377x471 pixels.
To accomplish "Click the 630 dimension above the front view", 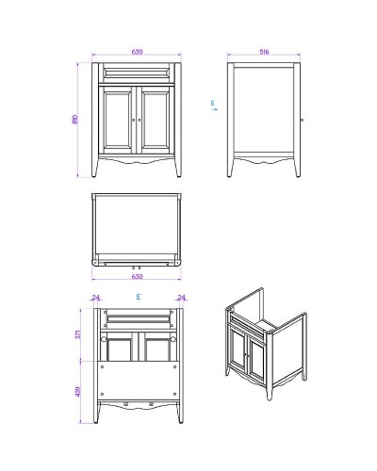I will [138, 52].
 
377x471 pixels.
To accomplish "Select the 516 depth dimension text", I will [264, 52].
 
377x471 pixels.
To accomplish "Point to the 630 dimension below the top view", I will [138, 277].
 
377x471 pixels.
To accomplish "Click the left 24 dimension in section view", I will [96, 298].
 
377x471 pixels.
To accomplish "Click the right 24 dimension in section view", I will [181, 298].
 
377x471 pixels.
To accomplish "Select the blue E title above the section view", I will [139, 297].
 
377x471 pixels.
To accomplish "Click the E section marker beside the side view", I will [214, 105].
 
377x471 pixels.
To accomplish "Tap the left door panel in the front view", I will [118, 120].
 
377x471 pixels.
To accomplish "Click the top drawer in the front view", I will [138, 73].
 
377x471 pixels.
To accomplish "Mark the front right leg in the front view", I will [179, 168].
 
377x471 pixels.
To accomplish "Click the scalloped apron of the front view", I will [138, 161].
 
